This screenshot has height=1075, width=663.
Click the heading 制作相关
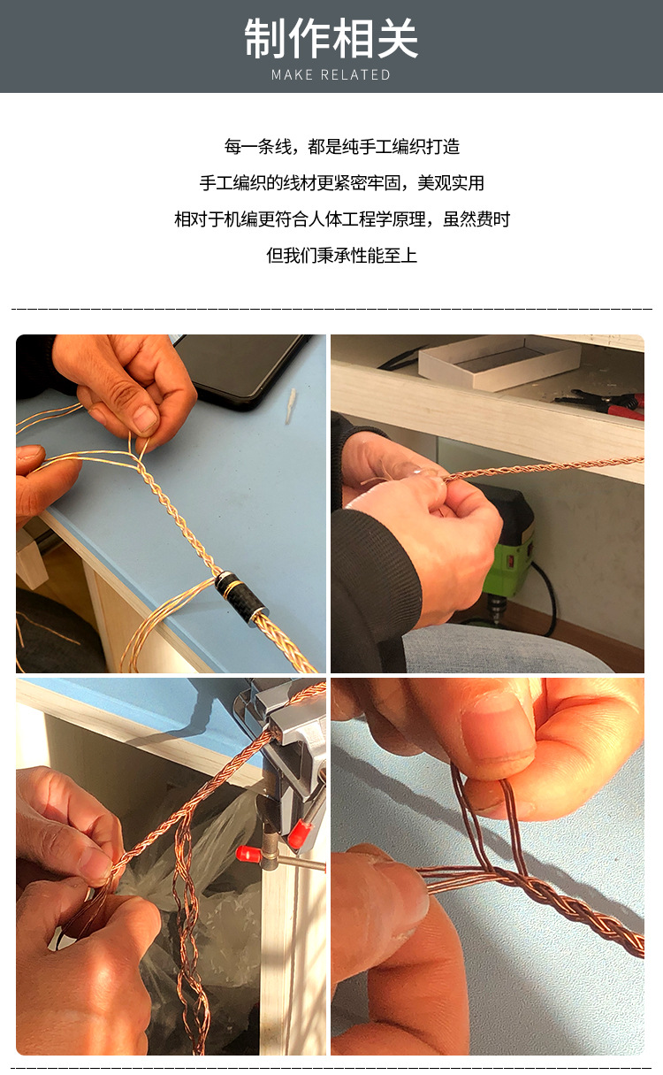[331, 39]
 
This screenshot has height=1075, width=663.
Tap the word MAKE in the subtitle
[292, 75]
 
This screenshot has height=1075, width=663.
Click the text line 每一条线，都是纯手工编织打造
[342, 147]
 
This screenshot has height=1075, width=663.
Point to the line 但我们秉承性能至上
[342, 256]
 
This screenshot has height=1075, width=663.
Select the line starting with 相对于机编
[342, 219]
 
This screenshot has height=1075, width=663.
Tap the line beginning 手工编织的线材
[342, 183]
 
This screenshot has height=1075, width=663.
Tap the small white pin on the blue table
[290, 405]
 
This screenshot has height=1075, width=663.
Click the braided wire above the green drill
[548, 467]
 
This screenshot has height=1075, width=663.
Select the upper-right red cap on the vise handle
[300, 833]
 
